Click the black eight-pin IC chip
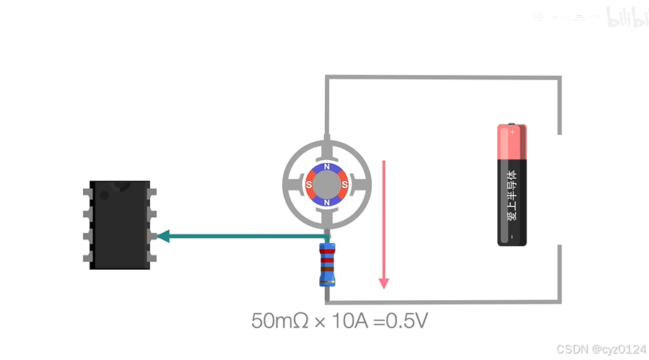[120, 225]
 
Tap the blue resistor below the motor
[328, 265]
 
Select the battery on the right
[512, 185]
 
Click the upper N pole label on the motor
[327, 167]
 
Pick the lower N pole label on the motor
[327, 203]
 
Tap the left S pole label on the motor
[309, 185]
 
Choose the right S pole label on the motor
[345, 185]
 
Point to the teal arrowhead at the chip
[163, 236]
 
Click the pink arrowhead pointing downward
[384, 282]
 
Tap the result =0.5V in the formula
[401, 320]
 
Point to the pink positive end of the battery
[512, 141]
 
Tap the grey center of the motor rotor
[327, 185]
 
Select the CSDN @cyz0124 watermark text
[602, 349]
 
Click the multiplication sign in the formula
[318, 321]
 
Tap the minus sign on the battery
[512, 237]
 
